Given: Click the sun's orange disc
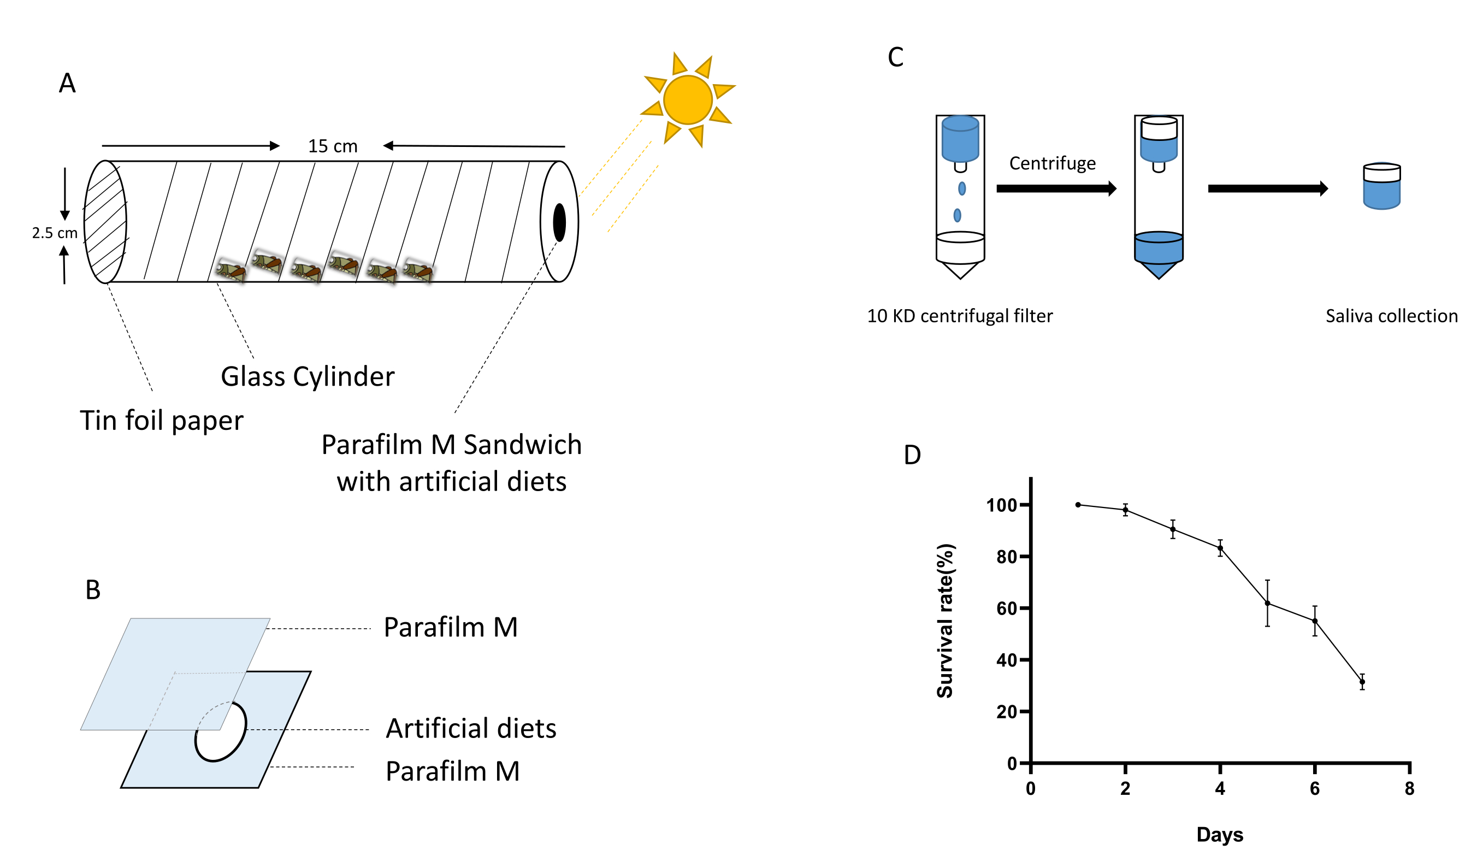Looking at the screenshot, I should pyautogui.click(x=687, y=99).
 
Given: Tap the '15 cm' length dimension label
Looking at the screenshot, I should pyautogui.click(x=333, y=146).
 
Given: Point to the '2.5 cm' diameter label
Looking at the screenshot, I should pyautogui.click(x=54, y=233).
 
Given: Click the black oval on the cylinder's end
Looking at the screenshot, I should pyautogui.click(x=559, y=222).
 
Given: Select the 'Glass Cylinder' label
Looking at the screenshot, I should pyautogui.click(x=308, y=376).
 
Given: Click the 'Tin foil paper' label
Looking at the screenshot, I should pyautogui.click(x=161, y=421).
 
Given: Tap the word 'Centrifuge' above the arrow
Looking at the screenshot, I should pyautogui.click(x=1052, y=163).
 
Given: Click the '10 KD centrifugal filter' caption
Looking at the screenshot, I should pyautogui.click(x=959, y=316).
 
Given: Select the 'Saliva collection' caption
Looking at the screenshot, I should pyautogui.click(x=1391, y=316).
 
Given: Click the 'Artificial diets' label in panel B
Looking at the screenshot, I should pyautogui.click(x=471, y=728).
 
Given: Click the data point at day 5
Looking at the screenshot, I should pyautogui.click(x=1267, y=603).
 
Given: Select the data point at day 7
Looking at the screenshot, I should pyautogui.click(x=1362, y=682).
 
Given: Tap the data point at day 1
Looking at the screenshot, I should pyautogui.click(x=1078, y=504).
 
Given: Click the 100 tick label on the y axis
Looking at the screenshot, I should pyautogui.click(x=1001, y=505).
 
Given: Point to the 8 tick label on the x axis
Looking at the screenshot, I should pyautogui.click(x=1409, y=789).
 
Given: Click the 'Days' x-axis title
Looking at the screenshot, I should pyautogui.click(x=1220, y=834).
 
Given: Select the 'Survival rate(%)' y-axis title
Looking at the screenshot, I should pyautogui.click(x=944, y=620).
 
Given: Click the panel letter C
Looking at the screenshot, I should pyautogui.click(x=895, y=57).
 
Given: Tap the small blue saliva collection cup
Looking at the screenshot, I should pyautogui.click(x=1381, y=186).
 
